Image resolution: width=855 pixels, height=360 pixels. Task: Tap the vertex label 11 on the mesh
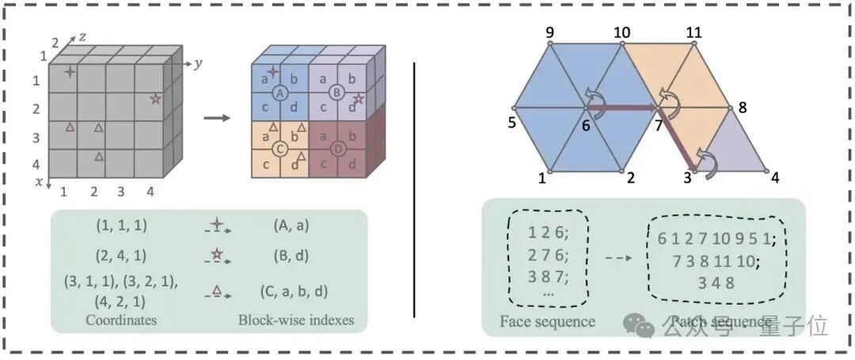tap(694, 32)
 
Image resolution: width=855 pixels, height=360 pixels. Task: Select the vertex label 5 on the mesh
tap(513, 123)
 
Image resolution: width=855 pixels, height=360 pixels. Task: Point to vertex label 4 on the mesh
tap(775, 177)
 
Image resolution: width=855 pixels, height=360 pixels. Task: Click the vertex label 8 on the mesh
tap(742, 107)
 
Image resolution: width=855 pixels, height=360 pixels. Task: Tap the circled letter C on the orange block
tap(279, 148)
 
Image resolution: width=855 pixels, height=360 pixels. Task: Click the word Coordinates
tap(121, 320)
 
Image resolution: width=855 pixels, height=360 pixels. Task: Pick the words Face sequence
tap(547, 321)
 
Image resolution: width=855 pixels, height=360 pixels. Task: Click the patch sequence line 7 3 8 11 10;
tap(715, 261)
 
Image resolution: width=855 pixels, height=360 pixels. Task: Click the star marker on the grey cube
tap(156, 99)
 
